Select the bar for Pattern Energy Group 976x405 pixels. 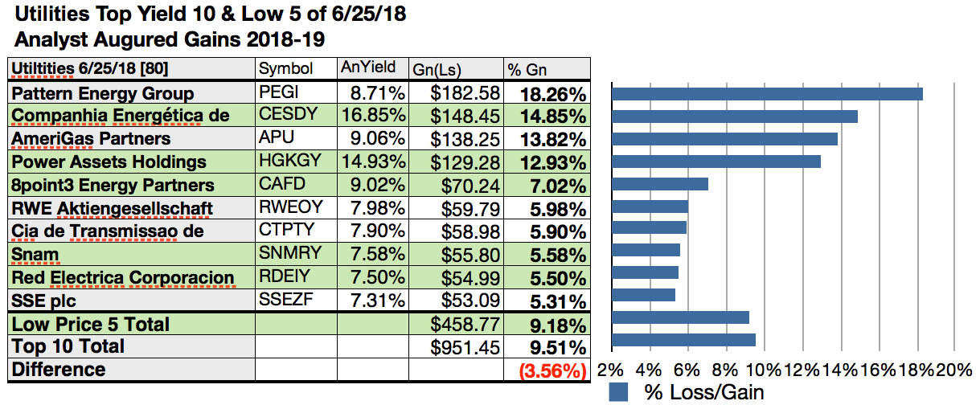[767, 93]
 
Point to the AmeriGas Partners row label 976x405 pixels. [91, 138]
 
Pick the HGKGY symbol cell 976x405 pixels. [289, 162]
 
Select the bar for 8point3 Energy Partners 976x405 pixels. [660, 183]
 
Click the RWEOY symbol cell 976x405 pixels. [290, 208]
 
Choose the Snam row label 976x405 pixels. [31, 255]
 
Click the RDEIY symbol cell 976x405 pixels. [287, 278]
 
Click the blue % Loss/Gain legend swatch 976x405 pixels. [618, 392]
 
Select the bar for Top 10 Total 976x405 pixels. [684, 339]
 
